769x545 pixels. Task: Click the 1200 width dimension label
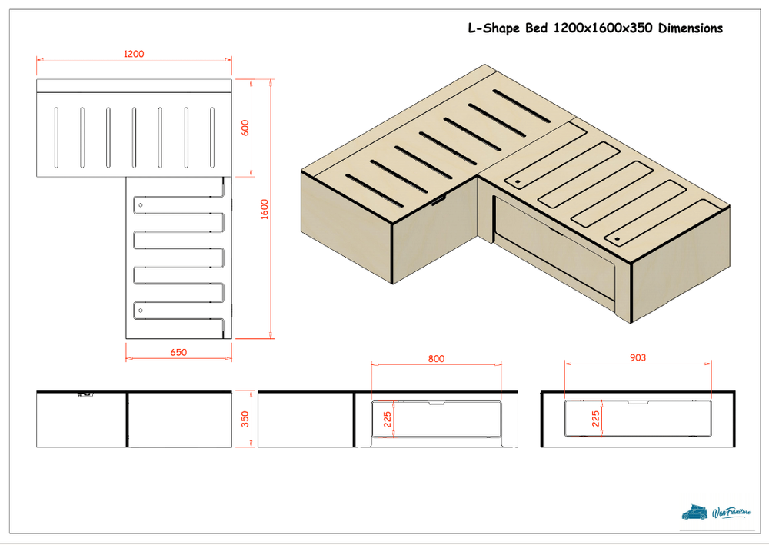pyautogui.click(x=133, y=54)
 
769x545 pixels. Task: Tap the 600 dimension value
pyautogui.click(x=245, y=128)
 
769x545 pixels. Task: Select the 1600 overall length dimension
pyautogui.click(x=265, y=209)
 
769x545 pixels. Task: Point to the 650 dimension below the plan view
pyautogui.click(x=178, y=352)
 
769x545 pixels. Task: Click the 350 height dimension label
pyautogui.click(x=245, y=419)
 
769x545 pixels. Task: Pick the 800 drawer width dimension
pyautogui.click(x=436, y=359)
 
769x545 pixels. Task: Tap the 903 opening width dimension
pyautogui.click(x=638, y=357)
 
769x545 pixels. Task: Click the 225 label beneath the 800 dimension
pyautogui.click(x=388, y=420)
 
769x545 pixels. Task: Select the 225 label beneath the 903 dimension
pyautogui.click(x=595, y=419)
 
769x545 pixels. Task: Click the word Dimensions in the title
pyautogui.click(x=690, y=28)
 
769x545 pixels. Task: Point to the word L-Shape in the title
pyautogui.click(x=494, y=28)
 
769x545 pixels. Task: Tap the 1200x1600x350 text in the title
pyautogui.click(x=603, y=28)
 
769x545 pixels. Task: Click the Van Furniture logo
pyautogui.click(x=716, y=513)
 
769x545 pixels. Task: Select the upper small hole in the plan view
pyautogui.click(x=141, y=205)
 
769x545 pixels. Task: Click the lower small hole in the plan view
pyautogui.click(x=141, y=311)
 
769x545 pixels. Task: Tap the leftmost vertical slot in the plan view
pyautogui.click(x=56, y=138)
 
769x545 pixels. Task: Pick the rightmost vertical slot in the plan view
pyautogui.click(x=212, y=138)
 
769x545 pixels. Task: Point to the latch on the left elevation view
pyautogui.click(x=85, y=394)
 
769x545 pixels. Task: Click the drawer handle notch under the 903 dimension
pyautogui.click(x=638, y=402)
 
